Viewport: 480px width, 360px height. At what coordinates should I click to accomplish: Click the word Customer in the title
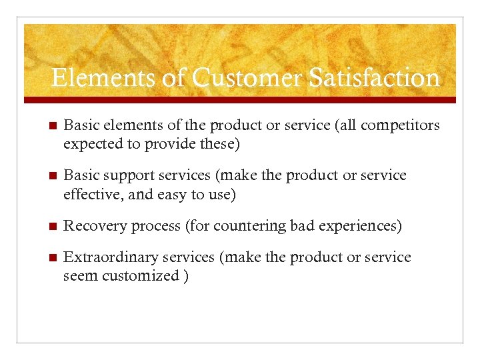247,78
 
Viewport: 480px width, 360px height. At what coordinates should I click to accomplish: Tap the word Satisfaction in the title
374,78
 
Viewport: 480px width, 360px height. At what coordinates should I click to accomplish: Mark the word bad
302,227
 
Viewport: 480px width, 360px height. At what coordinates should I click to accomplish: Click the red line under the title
240,100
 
